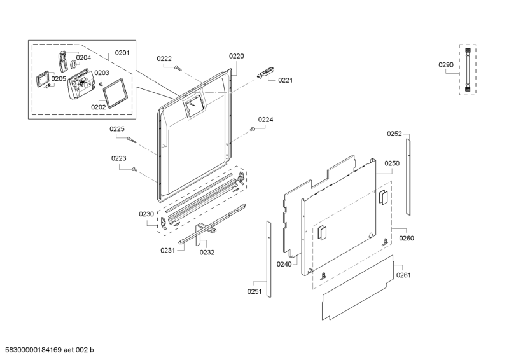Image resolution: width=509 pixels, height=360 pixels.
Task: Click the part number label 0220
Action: (x=236, y=56)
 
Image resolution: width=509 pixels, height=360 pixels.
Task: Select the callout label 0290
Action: (x=446, y=64)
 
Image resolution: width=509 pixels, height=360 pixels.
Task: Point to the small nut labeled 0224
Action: (x=253, y=129)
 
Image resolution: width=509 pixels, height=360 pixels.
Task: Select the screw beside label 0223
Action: (x=135, y=169)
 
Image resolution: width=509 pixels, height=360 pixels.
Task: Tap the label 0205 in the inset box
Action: (x=59, y=79)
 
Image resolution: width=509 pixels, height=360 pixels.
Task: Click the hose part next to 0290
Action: (x=468, y=70)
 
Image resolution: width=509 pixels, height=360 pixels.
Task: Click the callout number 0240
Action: (x=284, y=263)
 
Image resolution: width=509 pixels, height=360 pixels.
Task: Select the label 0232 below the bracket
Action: (x=207, y=252)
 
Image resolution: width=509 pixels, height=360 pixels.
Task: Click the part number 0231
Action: (x=167, y=251)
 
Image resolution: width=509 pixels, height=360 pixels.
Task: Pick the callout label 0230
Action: (x=146, y=214)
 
